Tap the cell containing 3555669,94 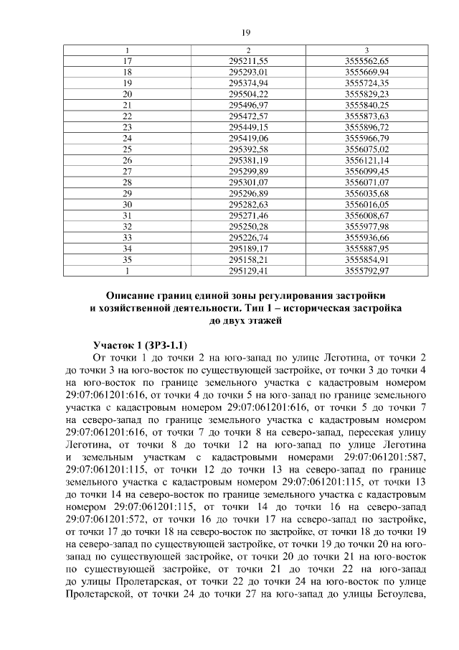coord(366,73)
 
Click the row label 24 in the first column coord(127,137)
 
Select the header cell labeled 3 coord(366,50)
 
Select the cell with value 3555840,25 coord(366,105)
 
